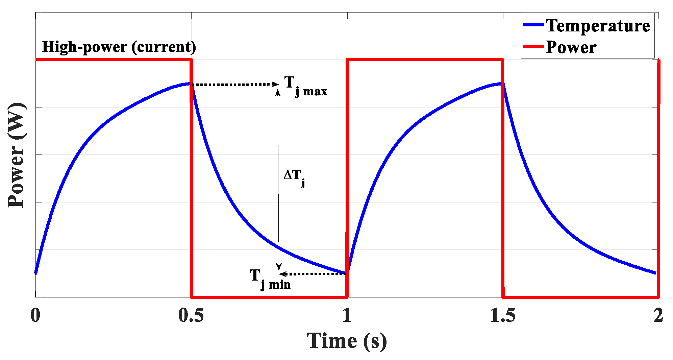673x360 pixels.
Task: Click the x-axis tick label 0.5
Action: [191, 315]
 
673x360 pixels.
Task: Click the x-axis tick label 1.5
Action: [503, 315]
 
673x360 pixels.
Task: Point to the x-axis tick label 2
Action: [658, 315]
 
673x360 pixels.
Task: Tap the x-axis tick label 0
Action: [35, 315]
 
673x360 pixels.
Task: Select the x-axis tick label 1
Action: [347, 315]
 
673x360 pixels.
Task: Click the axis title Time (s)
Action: [347, 341]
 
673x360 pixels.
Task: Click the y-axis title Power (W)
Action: [16, 155]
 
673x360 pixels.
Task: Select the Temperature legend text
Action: [598, 26]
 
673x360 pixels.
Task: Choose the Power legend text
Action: [571, 47]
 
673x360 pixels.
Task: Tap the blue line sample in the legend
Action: [533, 25]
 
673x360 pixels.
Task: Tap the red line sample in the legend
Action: [533, 46]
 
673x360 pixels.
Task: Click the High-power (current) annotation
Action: [119, 47]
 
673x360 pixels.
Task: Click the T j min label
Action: [270, 279]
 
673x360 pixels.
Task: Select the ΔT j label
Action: [294, 177]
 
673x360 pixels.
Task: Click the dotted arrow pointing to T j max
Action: [235, 84]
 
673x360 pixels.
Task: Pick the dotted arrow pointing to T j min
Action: [313, 274]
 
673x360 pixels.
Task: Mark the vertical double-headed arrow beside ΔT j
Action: [278, 179]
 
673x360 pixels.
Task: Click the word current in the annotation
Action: [164, 47]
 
